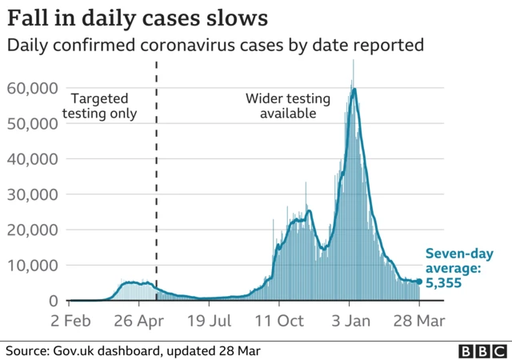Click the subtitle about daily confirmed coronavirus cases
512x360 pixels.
(214, 46)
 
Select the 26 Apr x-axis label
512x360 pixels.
(138, 320)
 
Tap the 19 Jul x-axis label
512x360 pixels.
(210, 320)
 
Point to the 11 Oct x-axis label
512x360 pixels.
(279, 320)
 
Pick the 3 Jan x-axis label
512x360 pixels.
(350, 320)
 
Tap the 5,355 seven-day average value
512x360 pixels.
(443, 282)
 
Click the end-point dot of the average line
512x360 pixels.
(419, 281)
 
